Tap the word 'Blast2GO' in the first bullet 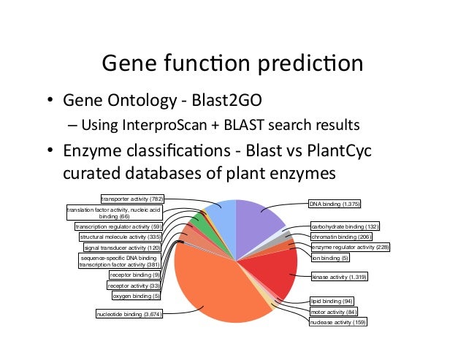click(x=249, y=100)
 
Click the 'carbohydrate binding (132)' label click(x=341, y=226)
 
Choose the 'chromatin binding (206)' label click(x=341, y=237)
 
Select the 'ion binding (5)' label click(x=330, y=258)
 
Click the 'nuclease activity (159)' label click(x=337, y=321)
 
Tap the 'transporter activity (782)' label click(x=132, y=197)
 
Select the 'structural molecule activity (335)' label click(x=120, y=237)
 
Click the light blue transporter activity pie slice click(x=221, y=213)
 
